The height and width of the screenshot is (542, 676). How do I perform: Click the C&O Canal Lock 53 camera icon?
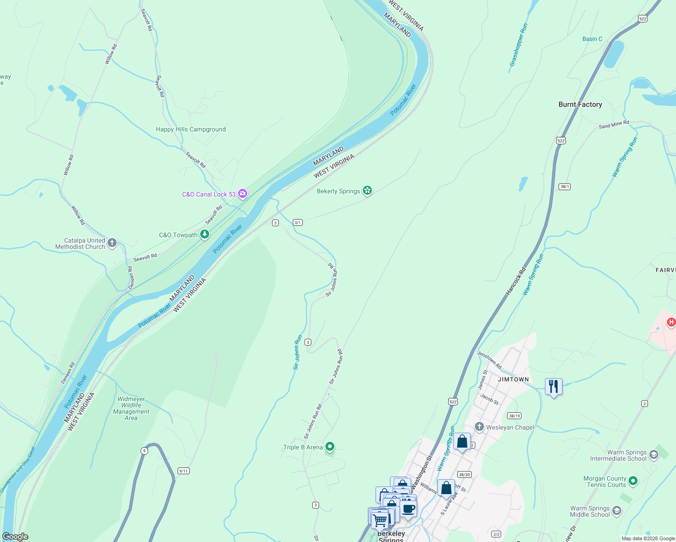pos(243,194)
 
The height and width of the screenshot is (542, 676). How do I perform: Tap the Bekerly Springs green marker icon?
pos(367,191)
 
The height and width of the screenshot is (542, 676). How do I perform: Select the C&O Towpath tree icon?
pos(205,234)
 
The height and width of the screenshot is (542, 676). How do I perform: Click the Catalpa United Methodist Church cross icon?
pos(112,243)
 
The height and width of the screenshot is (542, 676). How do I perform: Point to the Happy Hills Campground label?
pos(191,129)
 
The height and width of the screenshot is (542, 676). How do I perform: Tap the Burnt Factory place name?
pos(580,104)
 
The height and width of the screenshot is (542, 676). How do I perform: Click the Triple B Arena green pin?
pos(330,447)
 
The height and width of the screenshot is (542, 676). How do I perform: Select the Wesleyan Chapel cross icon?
pos(479,427)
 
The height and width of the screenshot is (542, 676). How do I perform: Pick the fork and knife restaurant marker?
pos(554,387)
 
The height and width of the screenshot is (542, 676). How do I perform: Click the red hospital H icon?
pos(671,322)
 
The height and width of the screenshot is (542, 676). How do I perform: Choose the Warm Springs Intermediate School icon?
pos(653,455)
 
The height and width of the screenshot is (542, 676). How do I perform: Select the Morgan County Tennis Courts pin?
pos(633,481)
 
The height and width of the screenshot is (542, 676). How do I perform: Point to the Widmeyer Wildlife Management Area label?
pos(131,408)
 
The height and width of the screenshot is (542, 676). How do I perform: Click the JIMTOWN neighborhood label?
pos(513,379)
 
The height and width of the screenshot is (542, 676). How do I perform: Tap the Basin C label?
pos(592,39)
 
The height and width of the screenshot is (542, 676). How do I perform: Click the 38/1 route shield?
pos(564,187)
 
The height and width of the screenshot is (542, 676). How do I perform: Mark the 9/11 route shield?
pos(183,471)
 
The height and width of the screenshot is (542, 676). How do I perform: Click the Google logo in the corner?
pos(15,537)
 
